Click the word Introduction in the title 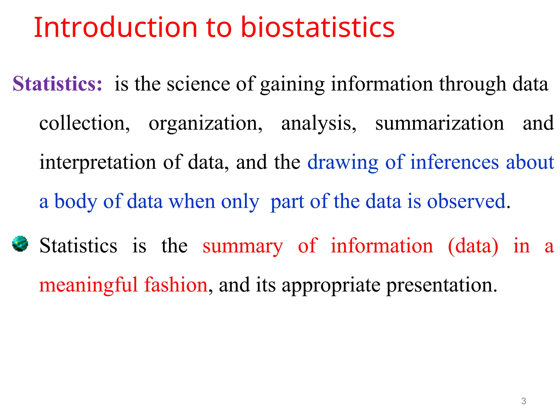pyautogui.click(x=115, y=27)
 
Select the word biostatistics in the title pyautogui.click(x=318, y=27)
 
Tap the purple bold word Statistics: pyautogui.click(x=57, y=84)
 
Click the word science pyautogui.click(x=199, y=84)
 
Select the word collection pyautogui.click(x=84, y=123)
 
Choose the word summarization pyautogui.click(x=440, y=123)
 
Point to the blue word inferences pyautogui.click(x=455, y=162)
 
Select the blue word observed pyautogui.click(x=466, y=202)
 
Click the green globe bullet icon pyautogui.click(x=20, y=244)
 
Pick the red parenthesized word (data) pyautogui.click(x=473, y=246)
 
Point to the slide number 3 pyautogui.click(x=523, y=401)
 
